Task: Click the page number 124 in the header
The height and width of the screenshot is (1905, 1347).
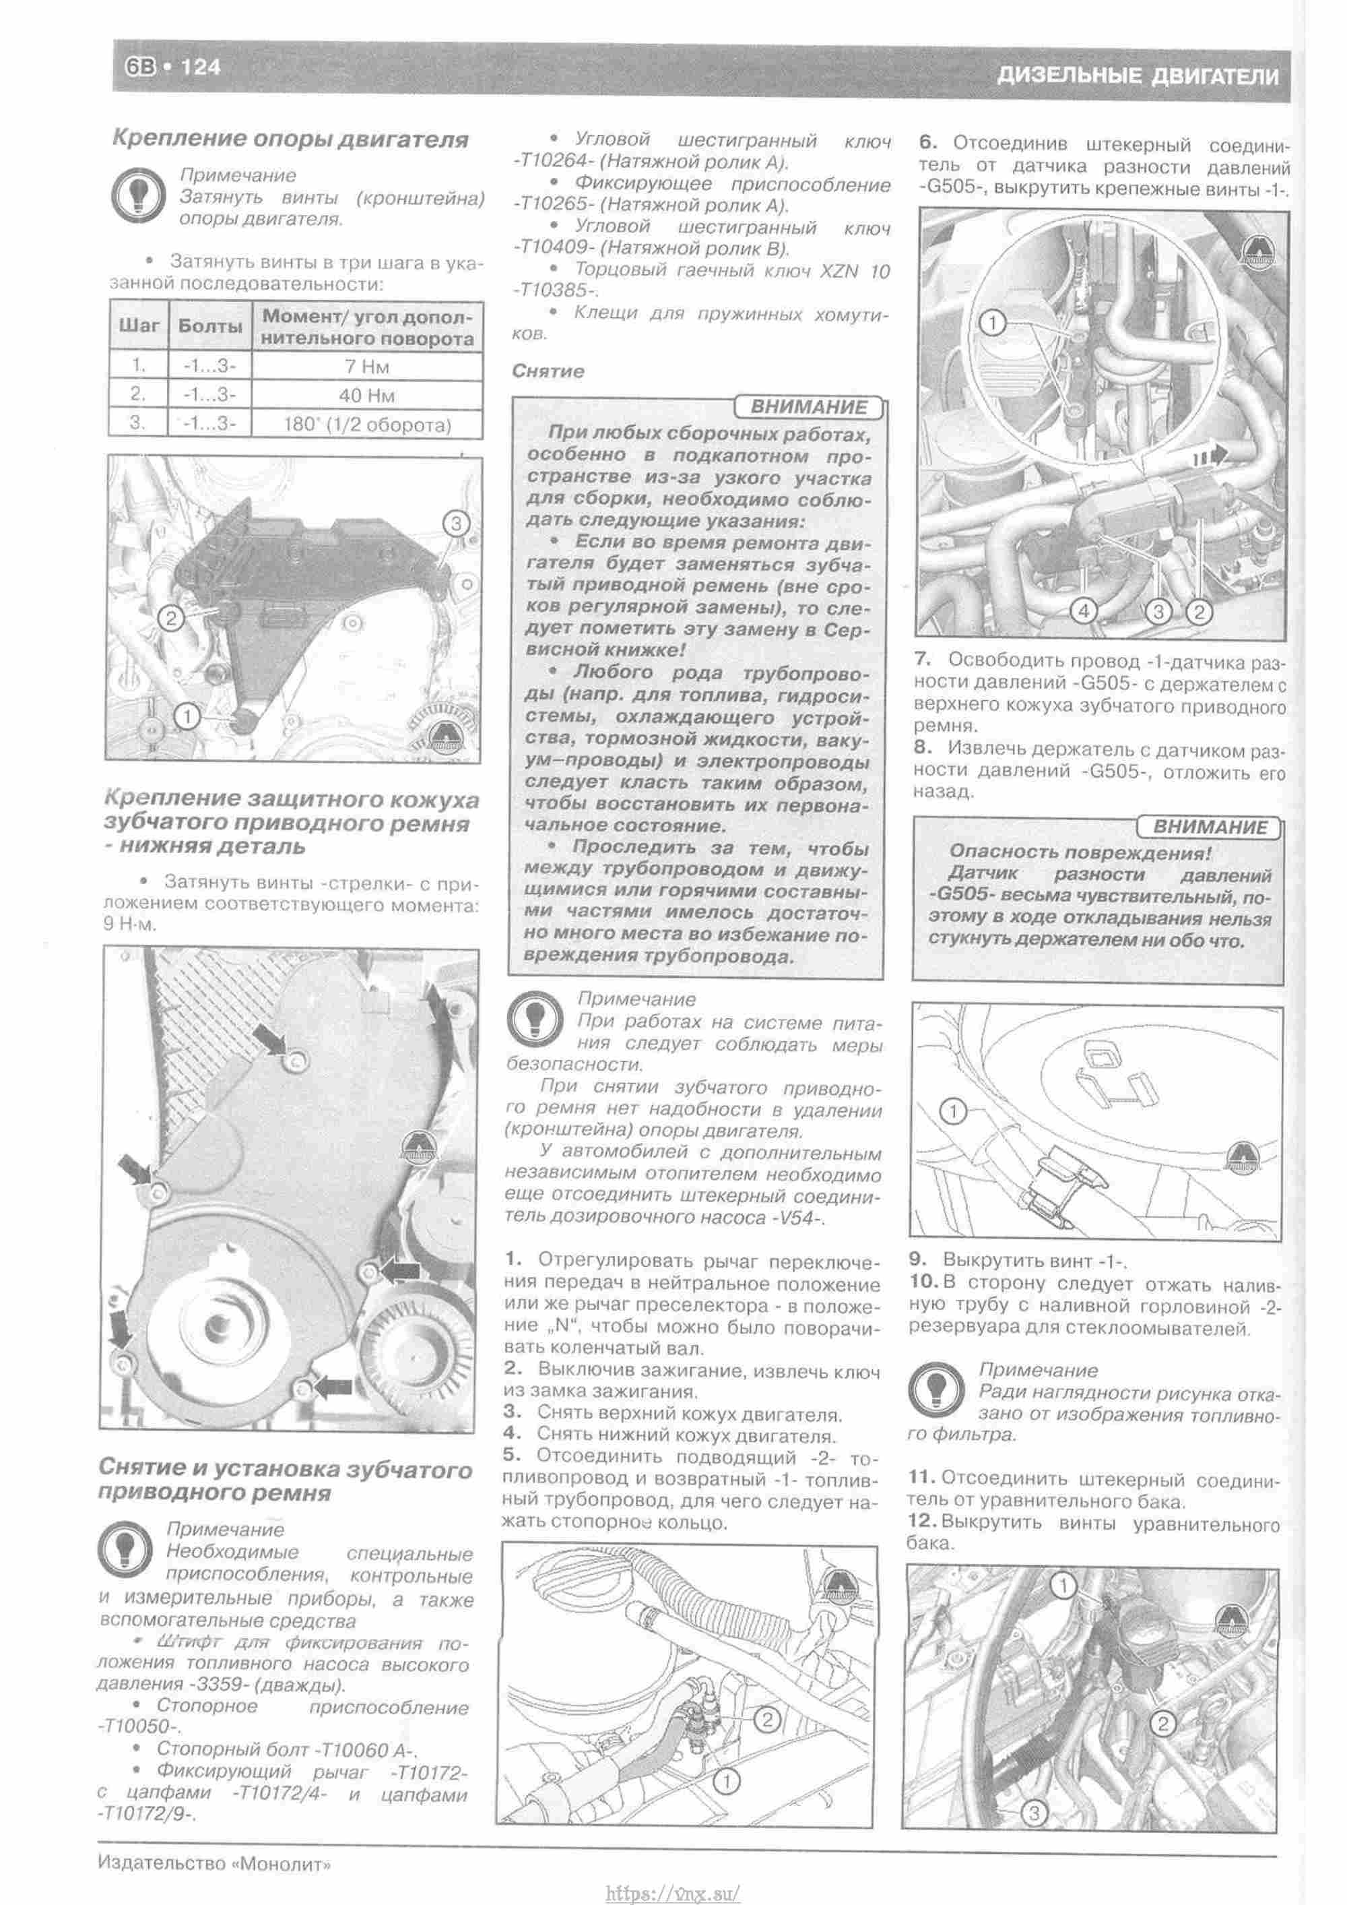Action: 200,67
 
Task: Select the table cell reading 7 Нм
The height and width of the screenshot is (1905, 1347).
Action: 366,366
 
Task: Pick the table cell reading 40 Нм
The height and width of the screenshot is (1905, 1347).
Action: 366,395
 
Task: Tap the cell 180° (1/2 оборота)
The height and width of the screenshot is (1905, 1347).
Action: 366,425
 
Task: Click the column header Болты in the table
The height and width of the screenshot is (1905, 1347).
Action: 210,327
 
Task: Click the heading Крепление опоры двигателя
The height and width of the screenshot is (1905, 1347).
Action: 290,139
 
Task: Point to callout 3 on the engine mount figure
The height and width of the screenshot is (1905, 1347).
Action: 455,524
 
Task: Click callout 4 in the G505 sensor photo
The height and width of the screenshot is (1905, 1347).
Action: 1083,611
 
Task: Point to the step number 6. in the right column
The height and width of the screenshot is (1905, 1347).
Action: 927,144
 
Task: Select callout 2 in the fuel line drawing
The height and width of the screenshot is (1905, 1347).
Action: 768,1721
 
